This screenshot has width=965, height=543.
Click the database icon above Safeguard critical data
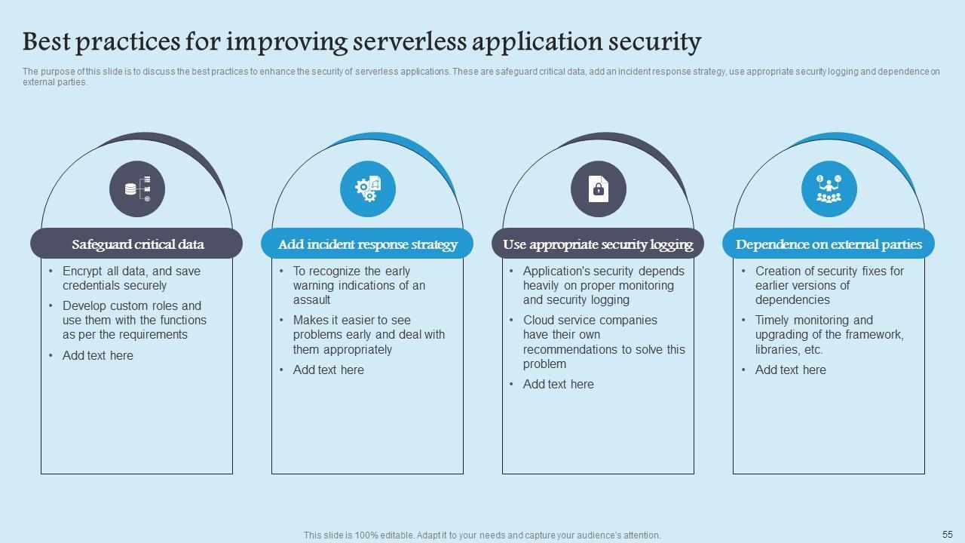(136, 189)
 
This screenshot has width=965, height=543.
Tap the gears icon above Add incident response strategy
(367, 189)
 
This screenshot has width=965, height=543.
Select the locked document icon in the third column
(598, 189)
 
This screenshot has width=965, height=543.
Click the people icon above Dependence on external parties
(829, 189)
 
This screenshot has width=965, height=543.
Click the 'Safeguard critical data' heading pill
(136, 244)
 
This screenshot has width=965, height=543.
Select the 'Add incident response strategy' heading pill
(367, 244)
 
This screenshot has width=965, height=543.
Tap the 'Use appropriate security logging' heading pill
(598, 244)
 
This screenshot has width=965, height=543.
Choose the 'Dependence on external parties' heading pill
(829, 244)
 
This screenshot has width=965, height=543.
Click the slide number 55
(948, 534)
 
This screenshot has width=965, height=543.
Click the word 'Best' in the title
(47, 41)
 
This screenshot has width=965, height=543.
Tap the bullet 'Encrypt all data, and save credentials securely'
(131, 278)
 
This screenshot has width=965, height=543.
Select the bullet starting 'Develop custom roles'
(134, 321)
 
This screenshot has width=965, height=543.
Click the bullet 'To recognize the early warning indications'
(359, 285)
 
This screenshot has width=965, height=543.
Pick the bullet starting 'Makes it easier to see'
(369, 335)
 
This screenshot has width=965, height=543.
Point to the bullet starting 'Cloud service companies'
(603, 342)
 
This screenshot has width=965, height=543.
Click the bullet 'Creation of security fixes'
(829, 285)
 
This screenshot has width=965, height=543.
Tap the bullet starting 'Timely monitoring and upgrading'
(829, 335)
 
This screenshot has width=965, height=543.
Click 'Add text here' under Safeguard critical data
(98, 356)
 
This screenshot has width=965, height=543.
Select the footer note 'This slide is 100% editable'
(482, 535)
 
